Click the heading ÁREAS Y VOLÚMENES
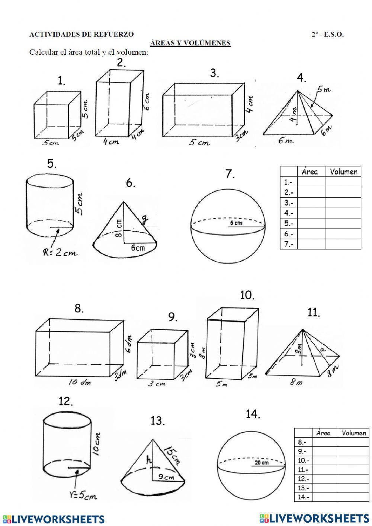190,43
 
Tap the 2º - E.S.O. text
327,34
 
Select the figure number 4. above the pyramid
301,78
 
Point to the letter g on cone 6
145,219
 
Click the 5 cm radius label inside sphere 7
235,223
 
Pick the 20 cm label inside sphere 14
262,463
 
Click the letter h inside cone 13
150,460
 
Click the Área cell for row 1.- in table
311,182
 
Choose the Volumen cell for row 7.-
343,244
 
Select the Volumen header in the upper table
343,172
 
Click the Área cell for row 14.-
325,497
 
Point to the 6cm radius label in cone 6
138,248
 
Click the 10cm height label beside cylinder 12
96,444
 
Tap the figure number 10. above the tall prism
247,296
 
